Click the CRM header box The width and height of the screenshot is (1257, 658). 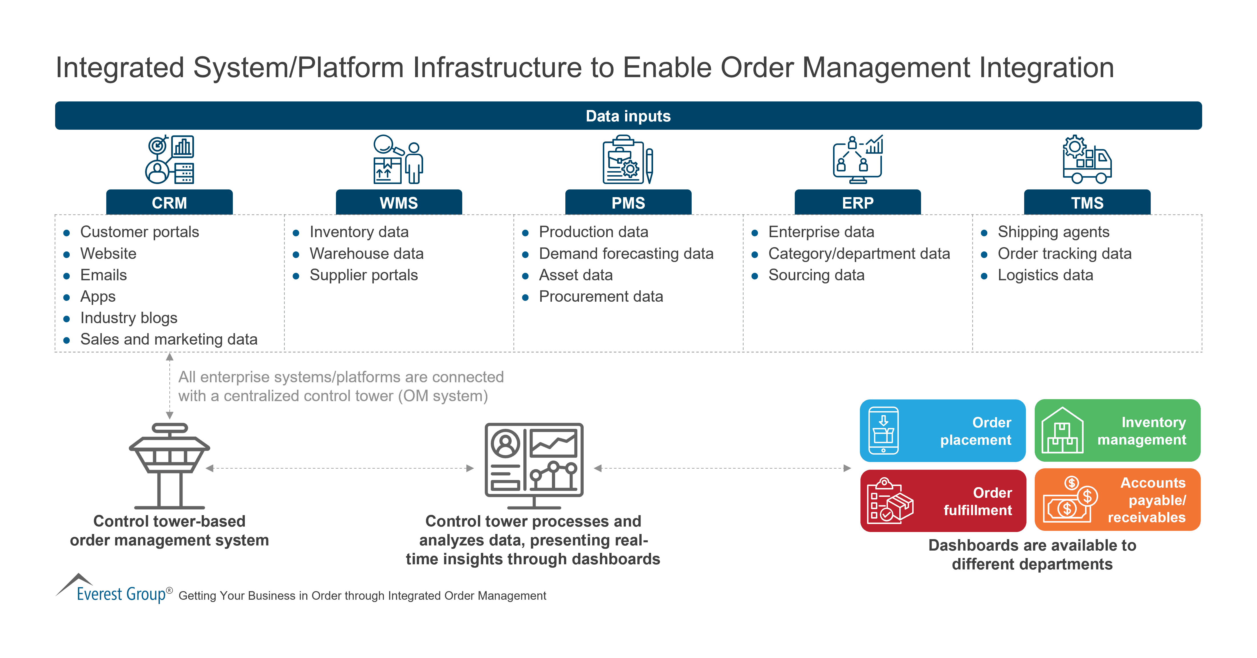tap(169, 202)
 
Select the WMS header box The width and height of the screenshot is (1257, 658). tap(399, 202)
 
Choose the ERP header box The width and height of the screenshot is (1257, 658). tap(857, 202)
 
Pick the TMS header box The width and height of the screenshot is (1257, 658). tap(1087, 202)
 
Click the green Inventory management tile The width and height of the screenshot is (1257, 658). tap(1117, 431)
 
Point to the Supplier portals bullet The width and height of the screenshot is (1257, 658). tap(364, 275)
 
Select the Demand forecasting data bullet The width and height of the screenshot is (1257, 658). tap(626, 253)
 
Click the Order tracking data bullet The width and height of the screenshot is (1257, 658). tap(1064, 253)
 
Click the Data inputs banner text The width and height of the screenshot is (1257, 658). tap(628, 116)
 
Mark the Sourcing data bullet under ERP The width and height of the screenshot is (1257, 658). tap(816, 275)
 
